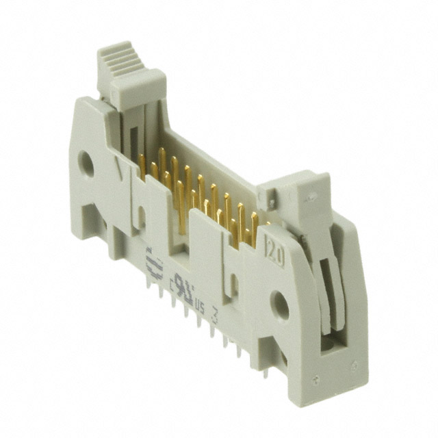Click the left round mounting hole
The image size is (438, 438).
pyautogui.click(x=87, y=164)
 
